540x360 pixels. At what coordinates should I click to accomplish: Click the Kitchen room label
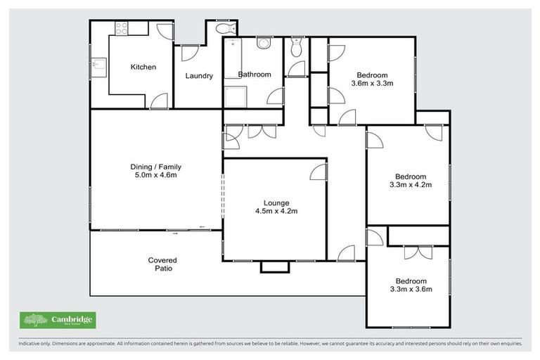tap(143, 67)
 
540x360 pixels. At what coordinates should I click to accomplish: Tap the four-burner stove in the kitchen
tap(121, 29)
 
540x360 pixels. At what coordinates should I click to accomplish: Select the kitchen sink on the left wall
tap(99, 67)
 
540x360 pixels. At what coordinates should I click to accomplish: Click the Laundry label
tap(199, 76)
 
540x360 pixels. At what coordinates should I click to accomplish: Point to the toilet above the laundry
tap(225, 30)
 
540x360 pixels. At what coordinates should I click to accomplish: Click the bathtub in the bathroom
tap(232, 58)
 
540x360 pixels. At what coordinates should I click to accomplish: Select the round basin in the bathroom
tap(264, 44)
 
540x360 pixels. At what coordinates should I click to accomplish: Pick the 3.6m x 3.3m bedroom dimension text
tap(371, 83)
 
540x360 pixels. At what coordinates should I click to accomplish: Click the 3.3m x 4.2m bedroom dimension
tap(410, 185)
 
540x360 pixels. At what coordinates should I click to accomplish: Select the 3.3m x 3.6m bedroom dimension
tap(410, 288)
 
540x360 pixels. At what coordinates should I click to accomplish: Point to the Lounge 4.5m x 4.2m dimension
tap(274, 210)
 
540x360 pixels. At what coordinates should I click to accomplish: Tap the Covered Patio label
tap(162, 264)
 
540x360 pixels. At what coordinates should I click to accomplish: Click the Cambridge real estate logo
tap(58, 320)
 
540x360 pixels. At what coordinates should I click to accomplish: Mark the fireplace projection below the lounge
tap(274, 266)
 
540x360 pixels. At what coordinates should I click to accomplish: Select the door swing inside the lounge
tap(318, 172)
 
